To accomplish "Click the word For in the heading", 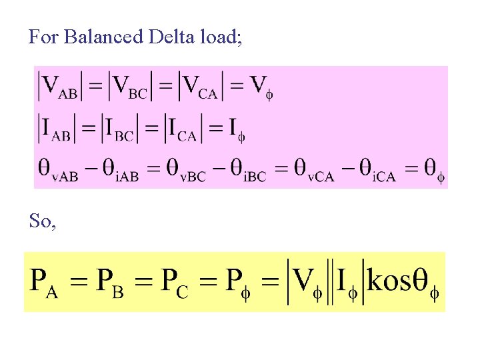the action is (44, 37).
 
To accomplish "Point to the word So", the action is (42, 221).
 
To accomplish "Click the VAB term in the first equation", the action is (59, 87).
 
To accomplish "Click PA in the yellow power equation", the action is (45, 283).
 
